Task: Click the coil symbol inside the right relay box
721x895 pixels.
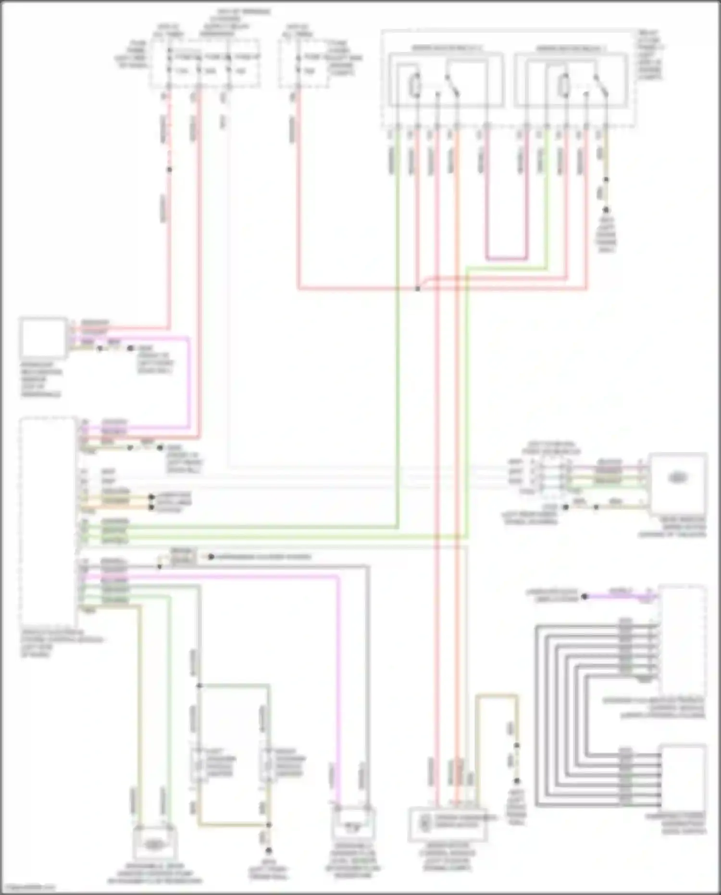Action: [x=563, y=86]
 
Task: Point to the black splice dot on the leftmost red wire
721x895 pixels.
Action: [x=169, y=169]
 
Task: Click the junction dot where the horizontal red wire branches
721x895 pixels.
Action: [x=418, y=289]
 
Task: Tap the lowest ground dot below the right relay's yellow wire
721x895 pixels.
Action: [x=606, y=210]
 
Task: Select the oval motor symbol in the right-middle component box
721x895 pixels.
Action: [x=677, y=478]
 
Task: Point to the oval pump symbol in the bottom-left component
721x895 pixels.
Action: [x=153, y=844]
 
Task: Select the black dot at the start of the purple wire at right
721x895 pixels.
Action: [x=584, y=597]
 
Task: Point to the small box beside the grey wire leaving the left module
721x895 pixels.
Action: [x=183, y=557]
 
